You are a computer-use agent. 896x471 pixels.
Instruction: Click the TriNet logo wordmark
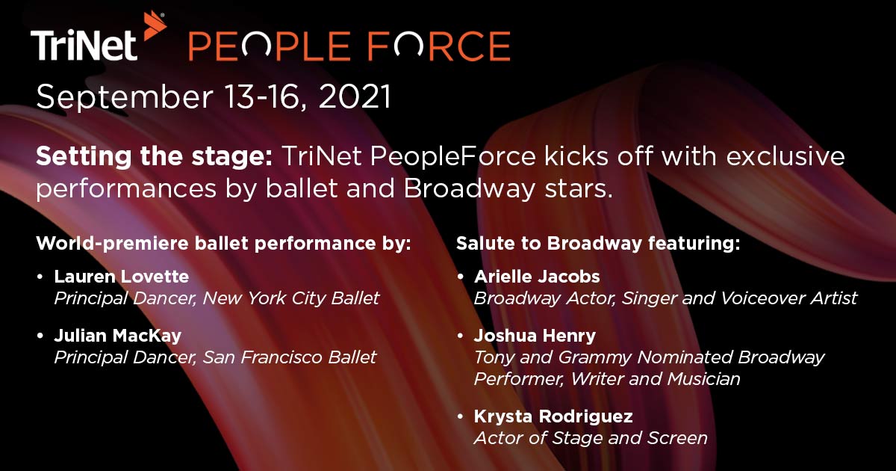[x=84, y=46]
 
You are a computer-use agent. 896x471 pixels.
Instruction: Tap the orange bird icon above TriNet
[x=154, y=25]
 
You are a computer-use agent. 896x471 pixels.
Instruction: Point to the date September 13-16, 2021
[x=214, y=97]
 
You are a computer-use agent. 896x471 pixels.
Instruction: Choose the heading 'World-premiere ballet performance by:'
[x=223, y=244]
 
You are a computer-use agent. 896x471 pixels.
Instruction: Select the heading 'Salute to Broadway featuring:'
[x=598, y=244]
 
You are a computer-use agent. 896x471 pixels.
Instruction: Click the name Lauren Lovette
[x=122, y=277]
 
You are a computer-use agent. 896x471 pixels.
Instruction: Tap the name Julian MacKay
[x=118, y=336]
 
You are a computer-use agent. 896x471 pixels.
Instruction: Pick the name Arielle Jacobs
[x=537, y=277]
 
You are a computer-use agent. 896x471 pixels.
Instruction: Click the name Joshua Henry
[x=535, y=336]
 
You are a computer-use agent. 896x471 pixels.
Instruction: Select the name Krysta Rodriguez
[x=553, y=416]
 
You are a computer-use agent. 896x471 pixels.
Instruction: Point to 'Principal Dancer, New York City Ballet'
[x=217, y=298]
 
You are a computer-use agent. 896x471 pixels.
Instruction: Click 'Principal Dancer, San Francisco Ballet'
[x=215, y=357]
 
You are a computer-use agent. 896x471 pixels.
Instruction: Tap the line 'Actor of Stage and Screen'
[x=591, y=437]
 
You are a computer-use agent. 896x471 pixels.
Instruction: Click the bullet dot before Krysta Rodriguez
[x=460, y=416]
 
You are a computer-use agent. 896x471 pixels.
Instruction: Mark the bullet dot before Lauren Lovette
[x=40, y=277]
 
